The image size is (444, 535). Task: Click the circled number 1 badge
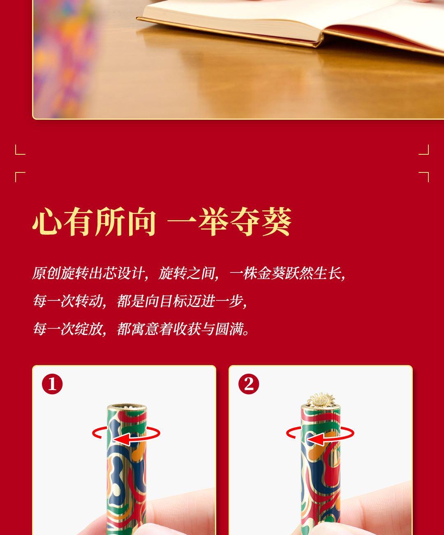click(x=52, y=384)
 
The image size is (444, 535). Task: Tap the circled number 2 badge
click(x=248, y=384)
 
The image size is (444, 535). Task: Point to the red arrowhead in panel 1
click(x=121, y=440)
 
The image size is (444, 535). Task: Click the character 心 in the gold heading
click(x=47, y=222)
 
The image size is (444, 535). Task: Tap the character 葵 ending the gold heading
click(x=277, y=222)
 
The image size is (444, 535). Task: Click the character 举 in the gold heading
click(x=213, y=222)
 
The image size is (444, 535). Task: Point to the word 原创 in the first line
click(x=46, y=273)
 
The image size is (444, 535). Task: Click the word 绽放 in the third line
click(x=88, y=329)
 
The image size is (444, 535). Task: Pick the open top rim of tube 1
click(x=127, y=407)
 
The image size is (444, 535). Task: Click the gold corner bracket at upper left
click(x=20, y=150)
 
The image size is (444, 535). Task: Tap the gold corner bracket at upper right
click(x=424, y=150)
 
